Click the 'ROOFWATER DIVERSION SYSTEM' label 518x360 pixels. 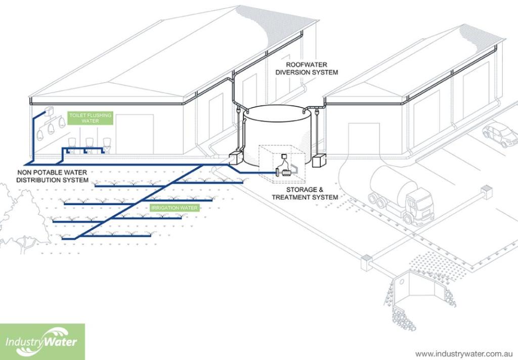pos(312,69)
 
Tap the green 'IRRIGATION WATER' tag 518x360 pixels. pos(175,208)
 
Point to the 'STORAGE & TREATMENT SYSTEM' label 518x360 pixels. pos(305,193)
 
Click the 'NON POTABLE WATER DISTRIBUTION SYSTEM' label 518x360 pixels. pos(52,176)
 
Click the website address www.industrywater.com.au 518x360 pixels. pos(464,353)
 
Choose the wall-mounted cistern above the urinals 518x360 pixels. pos(50,110)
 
